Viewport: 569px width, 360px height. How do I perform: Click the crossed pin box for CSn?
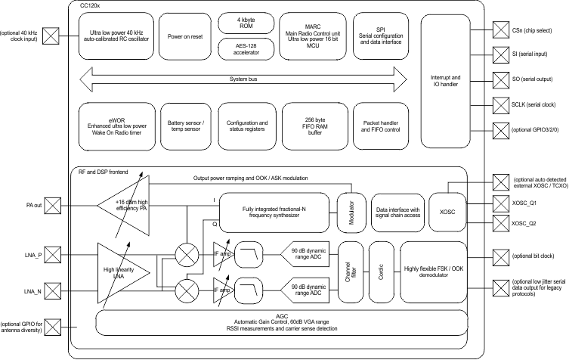point(499,29)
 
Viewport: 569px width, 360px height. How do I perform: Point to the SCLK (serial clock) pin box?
point(499,104)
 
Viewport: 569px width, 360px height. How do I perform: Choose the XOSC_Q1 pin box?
point(499,203)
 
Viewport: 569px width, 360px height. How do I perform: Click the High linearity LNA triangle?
point(121,272)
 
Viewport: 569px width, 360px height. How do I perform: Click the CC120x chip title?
point(92,5)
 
